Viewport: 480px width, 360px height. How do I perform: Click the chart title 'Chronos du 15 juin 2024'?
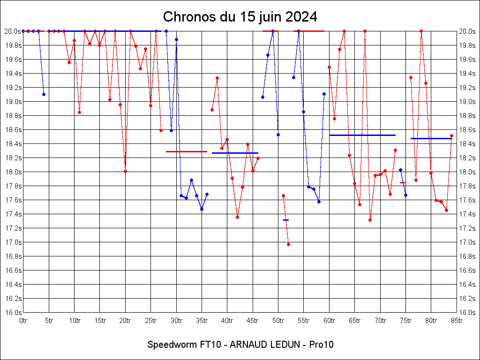[240, 17]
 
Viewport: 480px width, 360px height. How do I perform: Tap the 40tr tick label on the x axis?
[227, 321]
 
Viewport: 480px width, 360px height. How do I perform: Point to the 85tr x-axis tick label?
[457, 321]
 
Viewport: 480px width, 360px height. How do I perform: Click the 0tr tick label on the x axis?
[23, 321]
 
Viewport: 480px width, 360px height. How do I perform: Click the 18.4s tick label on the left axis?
[13, 144]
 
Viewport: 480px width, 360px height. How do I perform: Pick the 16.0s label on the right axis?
[467, 313]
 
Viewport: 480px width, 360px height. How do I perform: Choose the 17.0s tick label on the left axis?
[13, 242]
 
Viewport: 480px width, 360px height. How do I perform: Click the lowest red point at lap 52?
[288, 244]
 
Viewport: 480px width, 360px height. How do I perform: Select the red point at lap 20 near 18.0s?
[125, 171]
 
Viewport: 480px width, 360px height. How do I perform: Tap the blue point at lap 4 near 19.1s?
[44, 94]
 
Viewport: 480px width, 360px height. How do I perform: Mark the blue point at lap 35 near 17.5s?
[202, 209]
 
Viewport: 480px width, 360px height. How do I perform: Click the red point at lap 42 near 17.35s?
[237, 217]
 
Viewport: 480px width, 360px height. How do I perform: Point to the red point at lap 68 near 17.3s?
[370, 220]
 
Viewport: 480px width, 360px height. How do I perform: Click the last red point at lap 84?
[451, 135]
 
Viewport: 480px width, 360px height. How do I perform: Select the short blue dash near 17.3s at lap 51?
[286, 220]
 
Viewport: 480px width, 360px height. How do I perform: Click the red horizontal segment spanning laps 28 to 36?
[187, 151]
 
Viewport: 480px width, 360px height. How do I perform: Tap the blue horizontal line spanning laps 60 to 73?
[362, 135]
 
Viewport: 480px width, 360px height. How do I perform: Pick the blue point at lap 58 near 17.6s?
[319, 202]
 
